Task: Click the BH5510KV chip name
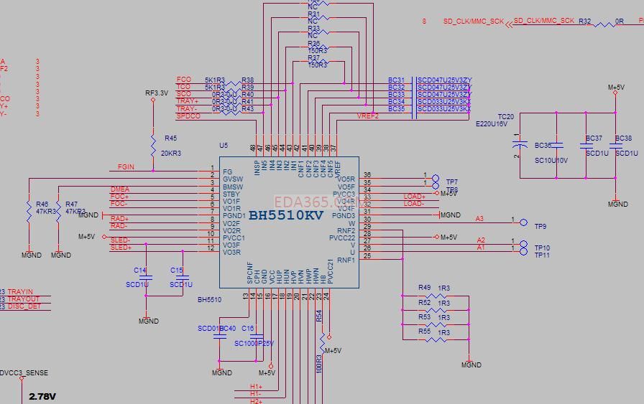286,215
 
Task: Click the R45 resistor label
170,138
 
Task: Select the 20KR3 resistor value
170,154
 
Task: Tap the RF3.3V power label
157,93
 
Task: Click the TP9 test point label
540,227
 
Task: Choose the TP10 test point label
542,248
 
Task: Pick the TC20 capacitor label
506,116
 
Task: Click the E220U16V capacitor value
491,124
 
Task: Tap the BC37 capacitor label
594,138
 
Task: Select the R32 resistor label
584,22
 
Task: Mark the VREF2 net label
367,116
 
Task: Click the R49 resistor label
424,288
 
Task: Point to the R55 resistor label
424,332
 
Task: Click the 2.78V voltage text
42,397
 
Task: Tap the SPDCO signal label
188,116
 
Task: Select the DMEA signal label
119,189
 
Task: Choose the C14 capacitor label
140,271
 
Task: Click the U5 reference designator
224,145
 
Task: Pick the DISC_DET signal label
24,306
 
